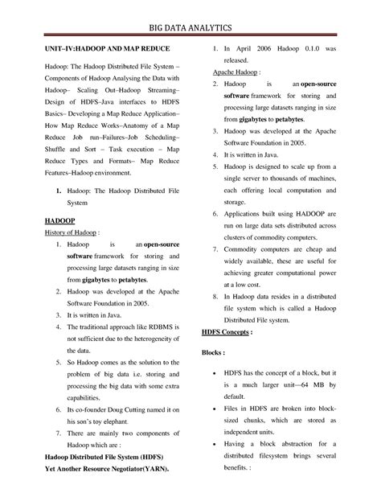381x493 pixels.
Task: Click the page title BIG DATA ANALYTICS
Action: click(190, 27)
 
